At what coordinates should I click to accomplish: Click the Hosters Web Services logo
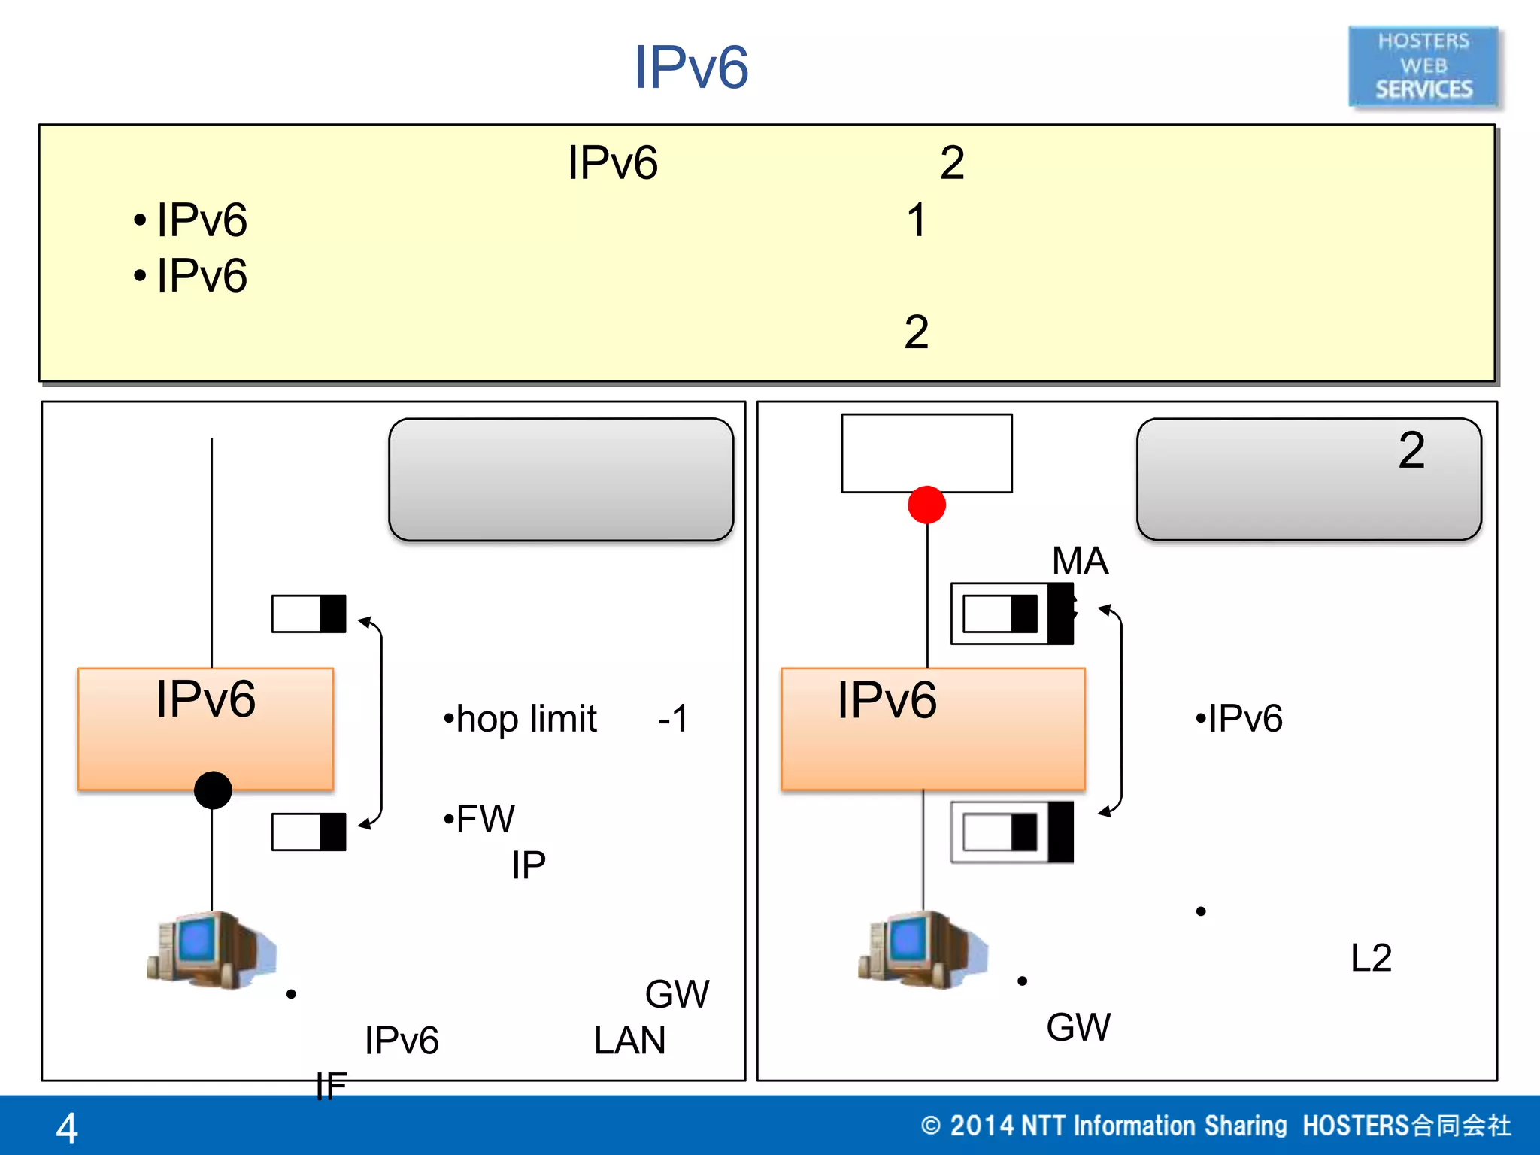click(1423, 66)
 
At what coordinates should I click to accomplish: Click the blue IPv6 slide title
click(691, 68)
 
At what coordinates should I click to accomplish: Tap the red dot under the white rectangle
click(926, 505)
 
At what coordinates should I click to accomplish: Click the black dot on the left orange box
click(213, 790)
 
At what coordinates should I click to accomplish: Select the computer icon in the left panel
click(211, 950)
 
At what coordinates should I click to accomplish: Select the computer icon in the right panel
click(923, 950)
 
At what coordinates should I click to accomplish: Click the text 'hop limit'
click(526, 720)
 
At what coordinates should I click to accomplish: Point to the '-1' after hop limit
click(672, 719)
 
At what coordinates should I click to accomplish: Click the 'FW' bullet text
click(485, 819)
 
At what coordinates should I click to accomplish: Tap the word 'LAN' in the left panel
click(629, 1041)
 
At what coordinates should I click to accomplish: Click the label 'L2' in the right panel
click(1371, 958)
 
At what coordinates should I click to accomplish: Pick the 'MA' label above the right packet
click(1080, 561)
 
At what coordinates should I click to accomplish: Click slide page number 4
click(67, 1128)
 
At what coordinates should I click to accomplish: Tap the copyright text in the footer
click(1215, 1126)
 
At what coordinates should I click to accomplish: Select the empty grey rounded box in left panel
click(561, 480)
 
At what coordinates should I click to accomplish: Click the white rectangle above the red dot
click(926, 453)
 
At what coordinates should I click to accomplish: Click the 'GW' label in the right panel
click(1078, 1027)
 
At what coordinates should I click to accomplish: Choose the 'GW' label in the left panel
click(677, 994)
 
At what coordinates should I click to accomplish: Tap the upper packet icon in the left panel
click(309, 614)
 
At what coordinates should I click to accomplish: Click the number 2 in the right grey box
click(1411, 450)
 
